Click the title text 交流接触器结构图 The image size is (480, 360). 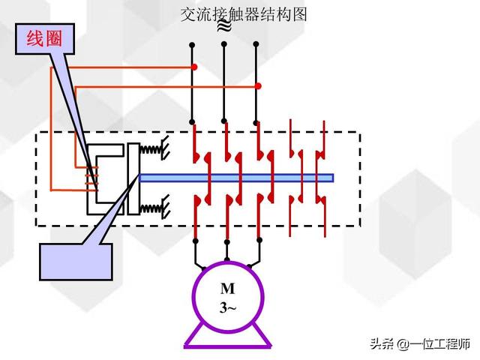tap(244, 14)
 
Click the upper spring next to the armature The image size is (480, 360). tap(153, 150)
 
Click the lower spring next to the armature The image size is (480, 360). tap(153, 205)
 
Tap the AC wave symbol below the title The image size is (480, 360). tap(223, 28)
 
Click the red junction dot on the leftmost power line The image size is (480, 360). tap(193, 67)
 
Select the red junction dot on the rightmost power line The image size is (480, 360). tap(258, 85)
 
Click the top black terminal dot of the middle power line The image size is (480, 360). tap(225, 45)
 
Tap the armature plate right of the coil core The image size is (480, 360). tap(133, 178)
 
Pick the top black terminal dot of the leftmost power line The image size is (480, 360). tap(193, 45)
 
